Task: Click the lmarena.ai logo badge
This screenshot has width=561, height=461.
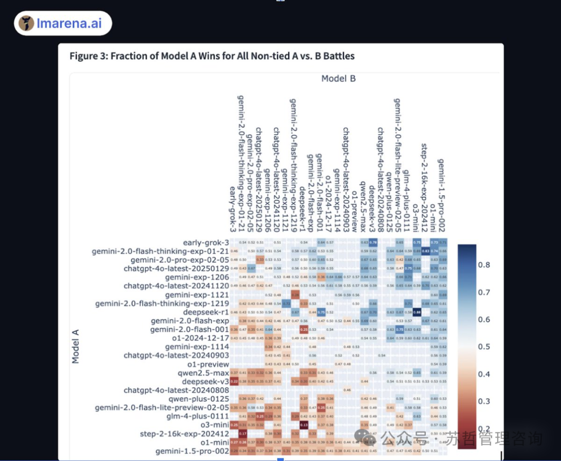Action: [x=63, y=23]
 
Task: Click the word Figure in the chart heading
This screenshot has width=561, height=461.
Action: [x=84, y=56]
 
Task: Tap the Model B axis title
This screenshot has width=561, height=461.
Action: [x=338, y=78]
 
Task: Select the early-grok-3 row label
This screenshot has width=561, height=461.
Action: [x=206, y=243]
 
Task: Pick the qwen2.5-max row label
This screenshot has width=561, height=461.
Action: [x=204, y=373]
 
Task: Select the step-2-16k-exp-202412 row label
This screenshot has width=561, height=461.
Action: [x=184, y=434]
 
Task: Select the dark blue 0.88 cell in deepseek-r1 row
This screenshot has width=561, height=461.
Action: [x=417, y=312]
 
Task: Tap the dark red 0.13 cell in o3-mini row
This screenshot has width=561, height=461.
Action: [x=304, y=425]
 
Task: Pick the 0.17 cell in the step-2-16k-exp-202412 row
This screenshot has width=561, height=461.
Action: [x=243, y=434]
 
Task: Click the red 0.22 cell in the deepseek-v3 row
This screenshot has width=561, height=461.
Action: [x=234, y=381]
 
